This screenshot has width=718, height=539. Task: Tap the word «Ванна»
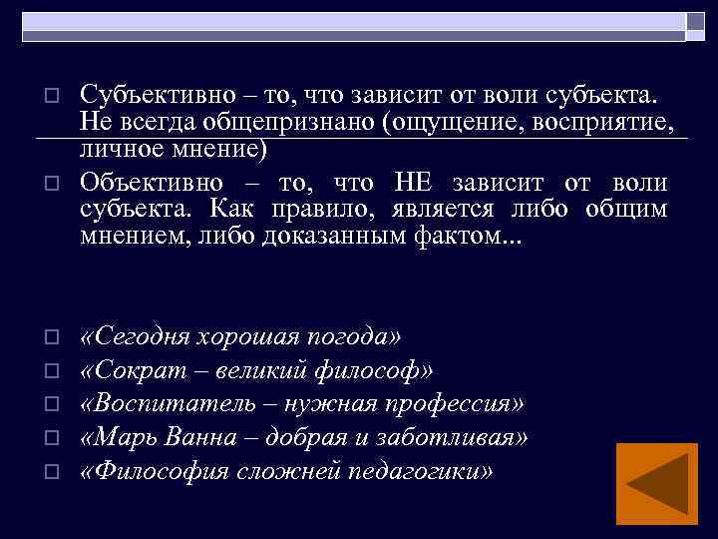(x=203, y=437)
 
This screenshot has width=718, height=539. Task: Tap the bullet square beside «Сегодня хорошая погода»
(x=55, y=337)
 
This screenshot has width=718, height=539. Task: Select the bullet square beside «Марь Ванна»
(x=55, y=438)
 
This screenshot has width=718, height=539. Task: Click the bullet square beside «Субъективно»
(x=55, y=96)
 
